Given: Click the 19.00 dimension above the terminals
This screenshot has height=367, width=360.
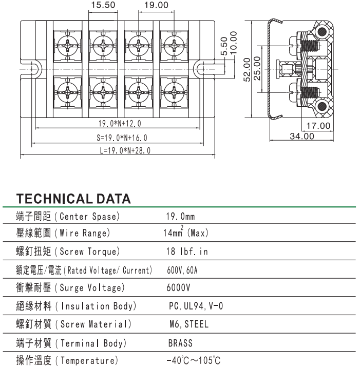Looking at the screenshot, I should pos(156,5).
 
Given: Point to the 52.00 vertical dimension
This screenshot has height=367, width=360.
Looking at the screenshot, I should pos(247,69).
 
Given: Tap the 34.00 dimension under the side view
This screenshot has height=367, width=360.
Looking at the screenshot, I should pos(301,136).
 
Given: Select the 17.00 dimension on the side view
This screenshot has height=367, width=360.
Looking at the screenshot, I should pos(318,126).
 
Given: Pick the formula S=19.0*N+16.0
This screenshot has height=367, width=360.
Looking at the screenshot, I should pos(122,138).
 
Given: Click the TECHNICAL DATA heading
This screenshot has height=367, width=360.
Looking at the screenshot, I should pos(73,199).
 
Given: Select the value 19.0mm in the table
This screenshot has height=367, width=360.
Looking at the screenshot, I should pos(180,217).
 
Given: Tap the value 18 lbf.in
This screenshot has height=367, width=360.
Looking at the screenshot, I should pos(186,252).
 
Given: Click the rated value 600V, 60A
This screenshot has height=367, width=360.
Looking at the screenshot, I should pos(182,270).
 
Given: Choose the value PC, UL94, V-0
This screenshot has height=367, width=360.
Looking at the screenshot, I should pos(196,306).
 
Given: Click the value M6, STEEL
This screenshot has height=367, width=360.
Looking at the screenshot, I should pos(188,324).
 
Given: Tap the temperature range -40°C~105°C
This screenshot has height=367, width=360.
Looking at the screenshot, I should pos(194,360).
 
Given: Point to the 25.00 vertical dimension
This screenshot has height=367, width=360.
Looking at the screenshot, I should pos(257,69).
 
